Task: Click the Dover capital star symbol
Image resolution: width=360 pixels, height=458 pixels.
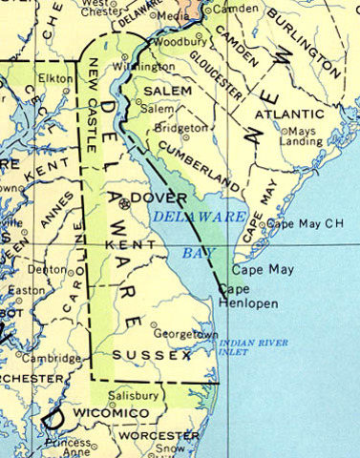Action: pyautogui.click(x=123, y=203)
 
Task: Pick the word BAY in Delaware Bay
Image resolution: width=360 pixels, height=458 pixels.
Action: pyautogui.click(x=195, y=253)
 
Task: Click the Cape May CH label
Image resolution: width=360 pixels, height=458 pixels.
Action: pyautogui.click(x=301, y=223)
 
